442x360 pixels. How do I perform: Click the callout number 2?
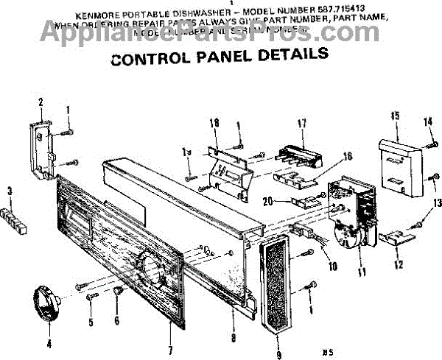click(41, 101)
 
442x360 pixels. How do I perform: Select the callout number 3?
click(10, 191)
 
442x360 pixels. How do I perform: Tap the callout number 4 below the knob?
click(49, 342)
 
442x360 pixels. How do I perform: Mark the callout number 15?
click(395, 116)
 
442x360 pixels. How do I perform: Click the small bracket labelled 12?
click(393, 240)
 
